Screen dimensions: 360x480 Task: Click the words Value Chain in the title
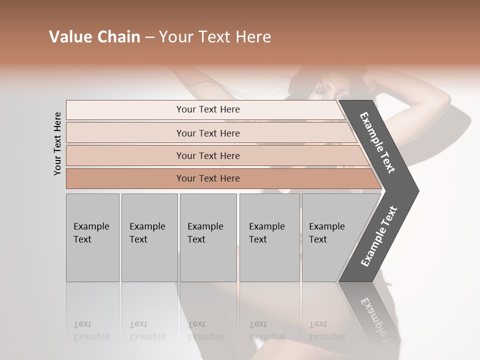tap(94, 37)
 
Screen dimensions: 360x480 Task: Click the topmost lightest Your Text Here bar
tap(207, 109)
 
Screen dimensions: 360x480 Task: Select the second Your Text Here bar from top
tap(207, 133)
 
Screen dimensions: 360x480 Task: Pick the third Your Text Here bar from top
tap(207, 155)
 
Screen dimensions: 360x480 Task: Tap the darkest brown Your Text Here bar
tap(207, 178)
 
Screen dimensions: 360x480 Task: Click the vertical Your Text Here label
tap(58, 143)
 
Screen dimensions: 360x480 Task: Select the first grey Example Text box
tap(92, 237)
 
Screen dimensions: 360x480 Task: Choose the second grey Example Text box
tap(148, 237)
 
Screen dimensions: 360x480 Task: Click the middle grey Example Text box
tap(207, 237)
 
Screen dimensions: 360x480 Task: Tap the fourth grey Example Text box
tap(269, 237)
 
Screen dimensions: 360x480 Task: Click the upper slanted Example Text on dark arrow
tap(378, 142)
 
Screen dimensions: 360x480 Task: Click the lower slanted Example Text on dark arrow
tap(378, 236)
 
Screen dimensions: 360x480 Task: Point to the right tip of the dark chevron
tap(417, 191)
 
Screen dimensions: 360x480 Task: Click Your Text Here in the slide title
tap(215, 37)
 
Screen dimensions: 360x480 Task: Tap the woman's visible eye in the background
tap(340, 97)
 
